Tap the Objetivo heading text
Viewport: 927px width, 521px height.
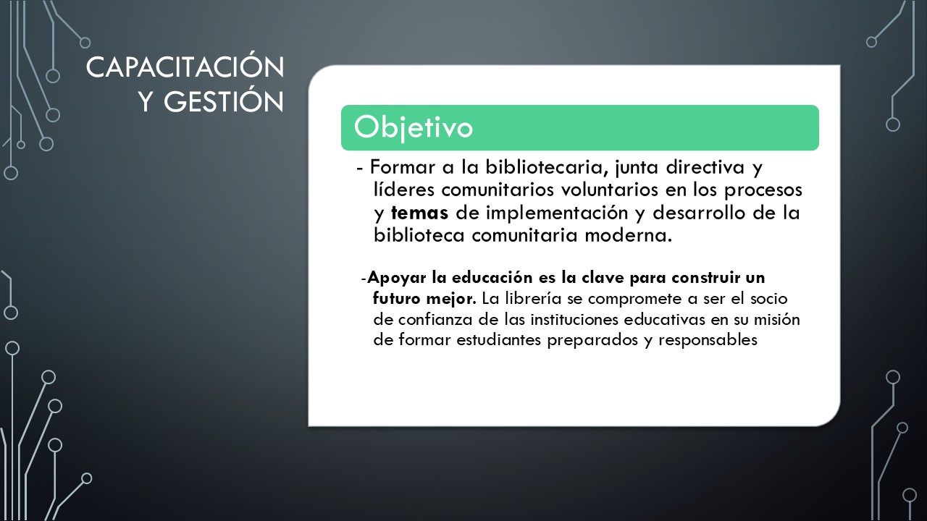pos(413,127)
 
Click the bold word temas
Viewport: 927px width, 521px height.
pos(419,213)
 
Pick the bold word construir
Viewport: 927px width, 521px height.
pos(705,277)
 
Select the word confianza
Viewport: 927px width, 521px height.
pos(435,319)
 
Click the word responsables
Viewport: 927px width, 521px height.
pos(708,340)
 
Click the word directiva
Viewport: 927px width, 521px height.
pos(705,166)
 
